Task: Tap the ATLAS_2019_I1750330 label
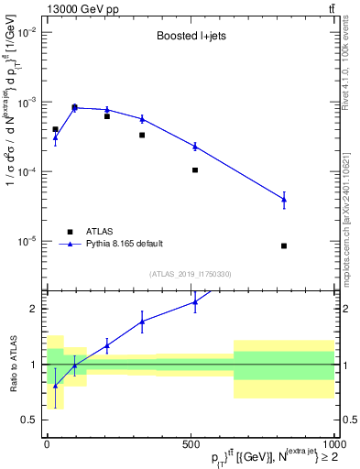(x=190, y=274)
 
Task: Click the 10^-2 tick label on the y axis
(x=26, y=32)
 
